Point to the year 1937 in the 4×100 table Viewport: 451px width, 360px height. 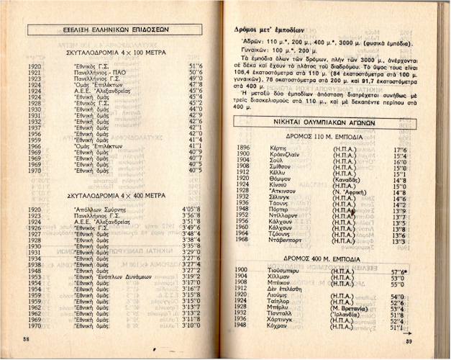(x=35, y=127)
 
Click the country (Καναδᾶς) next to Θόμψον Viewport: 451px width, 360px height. (x=351, y=180)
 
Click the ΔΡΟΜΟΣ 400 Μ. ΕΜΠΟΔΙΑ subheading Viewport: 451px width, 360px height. (x=336, y=258)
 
